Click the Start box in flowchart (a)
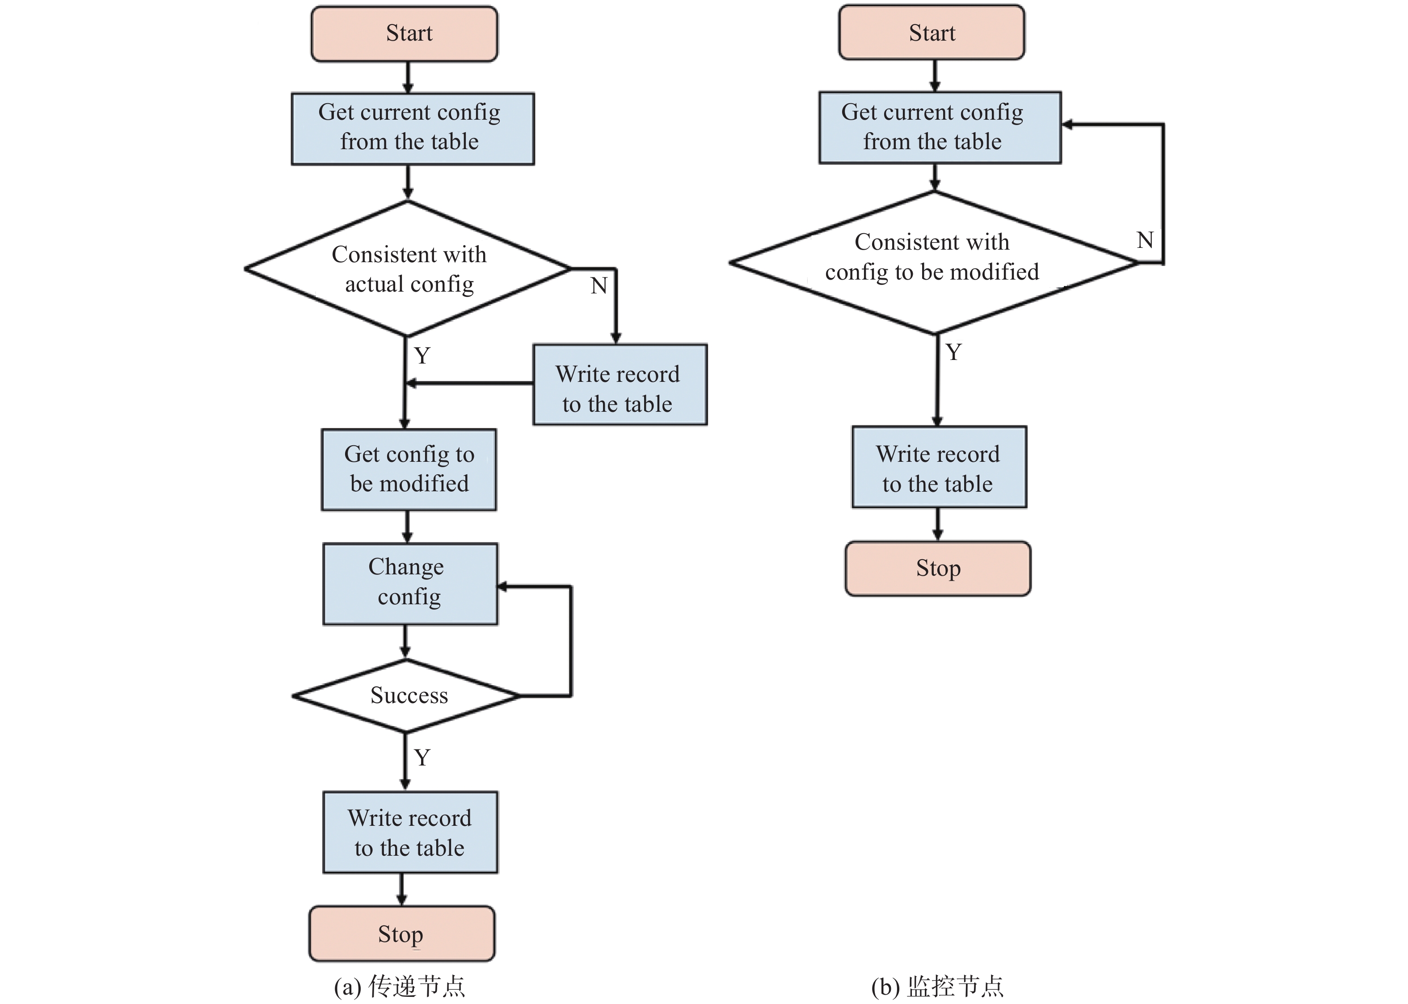(x=404, y=34)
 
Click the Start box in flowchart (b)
(x=932, y=33)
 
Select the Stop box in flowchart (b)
(x=938, y=569)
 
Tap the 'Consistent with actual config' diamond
(x=408, y=269)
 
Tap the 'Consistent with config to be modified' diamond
(x=934, y=263)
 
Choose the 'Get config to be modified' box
(x=409, y=470)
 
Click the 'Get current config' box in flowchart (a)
(x=413, y=129)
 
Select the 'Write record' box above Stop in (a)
(x=410, y=832)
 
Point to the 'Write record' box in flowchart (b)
(x=939, y=467)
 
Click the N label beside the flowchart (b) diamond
(x=1145, y=240)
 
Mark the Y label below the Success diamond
(x=422, y=757)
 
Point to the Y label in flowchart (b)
(x=953, y=352)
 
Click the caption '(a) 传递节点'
(x=400, y=987)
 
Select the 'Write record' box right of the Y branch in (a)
(x=620, y=385)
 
